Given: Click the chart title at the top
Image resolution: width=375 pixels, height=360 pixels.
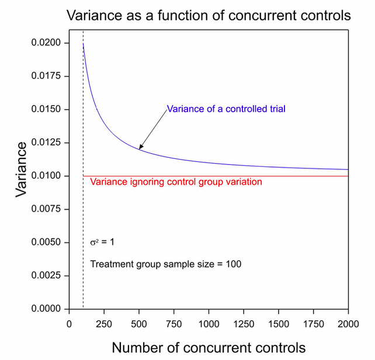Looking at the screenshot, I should point(209,16).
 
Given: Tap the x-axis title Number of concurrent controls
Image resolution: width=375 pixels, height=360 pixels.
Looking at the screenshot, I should point(209,347).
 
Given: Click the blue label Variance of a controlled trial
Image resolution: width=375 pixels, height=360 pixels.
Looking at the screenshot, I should point(226,109).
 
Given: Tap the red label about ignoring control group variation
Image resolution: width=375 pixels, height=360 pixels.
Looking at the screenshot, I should point(176,182).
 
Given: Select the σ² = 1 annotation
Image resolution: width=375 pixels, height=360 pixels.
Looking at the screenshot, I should point(102,242).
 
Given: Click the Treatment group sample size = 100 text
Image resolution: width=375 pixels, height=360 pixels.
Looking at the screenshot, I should point(166,264).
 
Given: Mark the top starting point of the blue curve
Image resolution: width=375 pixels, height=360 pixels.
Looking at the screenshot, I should point(84,44).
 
